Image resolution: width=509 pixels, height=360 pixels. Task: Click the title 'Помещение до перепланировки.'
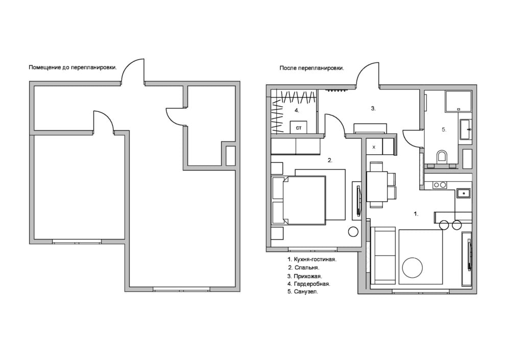point(72,67)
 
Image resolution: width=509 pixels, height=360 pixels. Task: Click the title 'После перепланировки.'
point(311,68)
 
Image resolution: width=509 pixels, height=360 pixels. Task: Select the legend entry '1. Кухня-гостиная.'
point(312,259)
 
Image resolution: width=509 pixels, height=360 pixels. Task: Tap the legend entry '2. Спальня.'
point(304,268)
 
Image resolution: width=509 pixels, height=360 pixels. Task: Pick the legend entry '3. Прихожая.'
point(305,276)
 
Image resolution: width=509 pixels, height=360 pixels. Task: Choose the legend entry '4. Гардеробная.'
point(309,284)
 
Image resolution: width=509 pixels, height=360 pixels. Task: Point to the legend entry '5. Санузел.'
point(303,292)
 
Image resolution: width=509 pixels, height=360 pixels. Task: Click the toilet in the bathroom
point(442,156)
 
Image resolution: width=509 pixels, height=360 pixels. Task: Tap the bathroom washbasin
point(466,130)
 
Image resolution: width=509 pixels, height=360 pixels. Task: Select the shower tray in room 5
point(458,102)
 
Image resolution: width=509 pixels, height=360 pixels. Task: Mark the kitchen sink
point(464,193)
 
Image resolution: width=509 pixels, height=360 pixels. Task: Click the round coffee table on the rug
point(413,268)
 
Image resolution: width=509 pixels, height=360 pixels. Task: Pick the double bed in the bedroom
point(299,200)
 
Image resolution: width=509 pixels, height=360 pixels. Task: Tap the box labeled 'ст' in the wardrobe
point(299,127)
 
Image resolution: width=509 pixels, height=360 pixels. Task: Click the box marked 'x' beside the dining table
point(374,147)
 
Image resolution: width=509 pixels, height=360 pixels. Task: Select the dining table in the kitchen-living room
point(377,187)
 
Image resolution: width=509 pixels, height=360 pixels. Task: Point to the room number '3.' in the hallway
point(373,109)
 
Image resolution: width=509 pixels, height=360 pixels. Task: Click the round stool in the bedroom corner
point(353,232)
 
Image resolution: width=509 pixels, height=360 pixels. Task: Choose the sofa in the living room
point(383,256)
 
